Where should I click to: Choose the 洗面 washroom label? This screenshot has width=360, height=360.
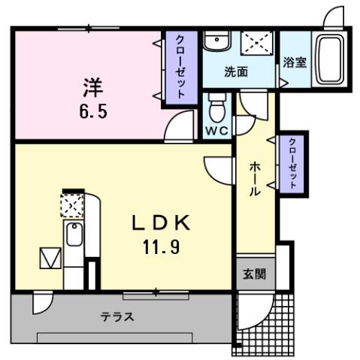tap(237, 72)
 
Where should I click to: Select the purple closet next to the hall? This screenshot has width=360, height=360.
tap(292, 163)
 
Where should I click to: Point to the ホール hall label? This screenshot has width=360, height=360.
tap(254, 177)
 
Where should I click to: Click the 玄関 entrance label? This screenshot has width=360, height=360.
tap(253, 274)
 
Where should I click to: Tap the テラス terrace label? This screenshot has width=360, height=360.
tap(117, 316)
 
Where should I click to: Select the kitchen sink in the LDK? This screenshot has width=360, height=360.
tap(73, 236)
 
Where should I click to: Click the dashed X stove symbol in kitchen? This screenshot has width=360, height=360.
tap(71, 205)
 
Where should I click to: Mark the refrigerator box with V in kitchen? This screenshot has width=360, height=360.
tap(50, 259)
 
